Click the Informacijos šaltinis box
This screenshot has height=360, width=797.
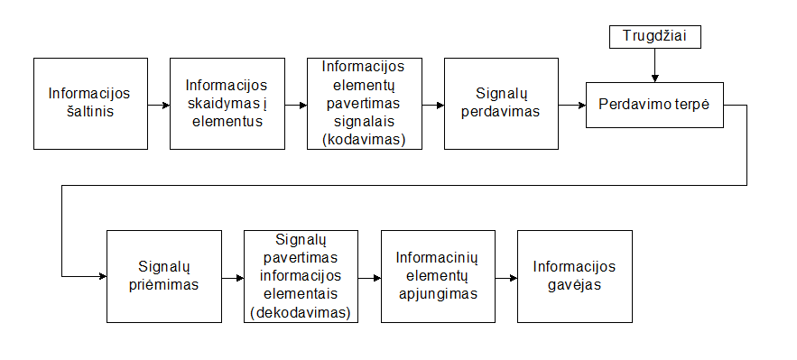pos(90,104)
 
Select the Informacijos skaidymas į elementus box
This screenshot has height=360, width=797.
pos(227,104)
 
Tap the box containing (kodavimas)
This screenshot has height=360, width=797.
pos(365,104)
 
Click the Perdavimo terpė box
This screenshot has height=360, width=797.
pos(654,105)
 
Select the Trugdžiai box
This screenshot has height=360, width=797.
pos(655,37)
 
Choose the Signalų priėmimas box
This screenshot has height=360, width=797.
pos(163,276)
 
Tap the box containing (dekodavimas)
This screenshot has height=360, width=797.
pos(301,276)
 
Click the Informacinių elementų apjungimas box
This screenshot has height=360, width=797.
pos(438,276)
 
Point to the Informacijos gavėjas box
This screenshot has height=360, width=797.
pos(574,276)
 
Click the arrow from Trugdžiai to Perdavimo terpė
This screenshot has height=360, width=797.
pos(655,64)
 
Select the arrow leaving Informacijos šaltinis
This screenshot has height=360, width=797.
pos(159,105)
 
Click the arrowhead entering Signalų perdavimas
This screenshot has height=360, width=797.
pos(440,105)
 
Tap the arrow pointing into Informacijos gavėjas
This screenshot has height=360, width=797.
pos(506,277)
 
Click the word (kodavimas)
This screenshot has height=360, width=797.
pos(365,139)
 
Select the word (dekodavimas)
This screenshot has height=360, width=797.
pos(301,312)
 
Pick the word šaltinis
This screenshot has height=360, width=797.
pos(89,113)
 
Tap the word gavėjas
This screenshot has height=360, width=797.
pos(573,285)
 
